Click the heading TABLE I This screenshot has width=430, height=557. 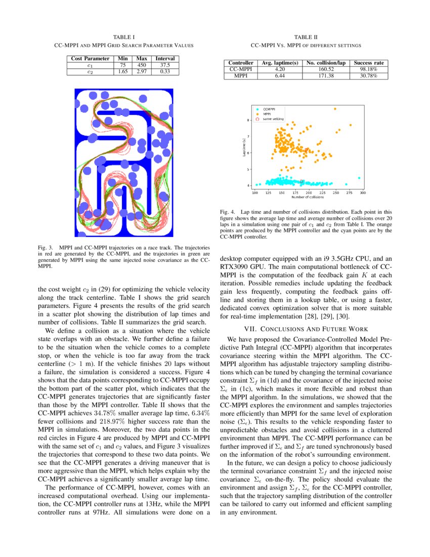(123, 37)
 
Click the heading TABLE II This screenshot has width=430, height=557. (306, 37)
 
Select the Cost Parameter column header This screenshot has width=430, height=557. (90, 59)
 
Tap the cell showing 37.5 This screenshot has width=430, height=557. (165, 65)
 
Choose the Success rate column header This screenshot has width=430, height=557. (369, 63)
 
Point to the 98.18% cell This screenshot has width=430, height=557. (369, 69)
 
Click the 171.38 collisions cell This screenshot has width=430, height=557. (327, 76)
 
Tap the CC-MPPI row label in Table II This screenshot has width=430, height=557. (241, 69)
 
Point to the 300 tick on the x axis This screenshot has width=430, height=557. (362, 193)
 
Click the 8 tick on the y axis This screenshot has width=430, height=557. (248, 121)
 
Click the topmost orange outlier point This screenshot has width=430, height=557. (335, 109)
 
